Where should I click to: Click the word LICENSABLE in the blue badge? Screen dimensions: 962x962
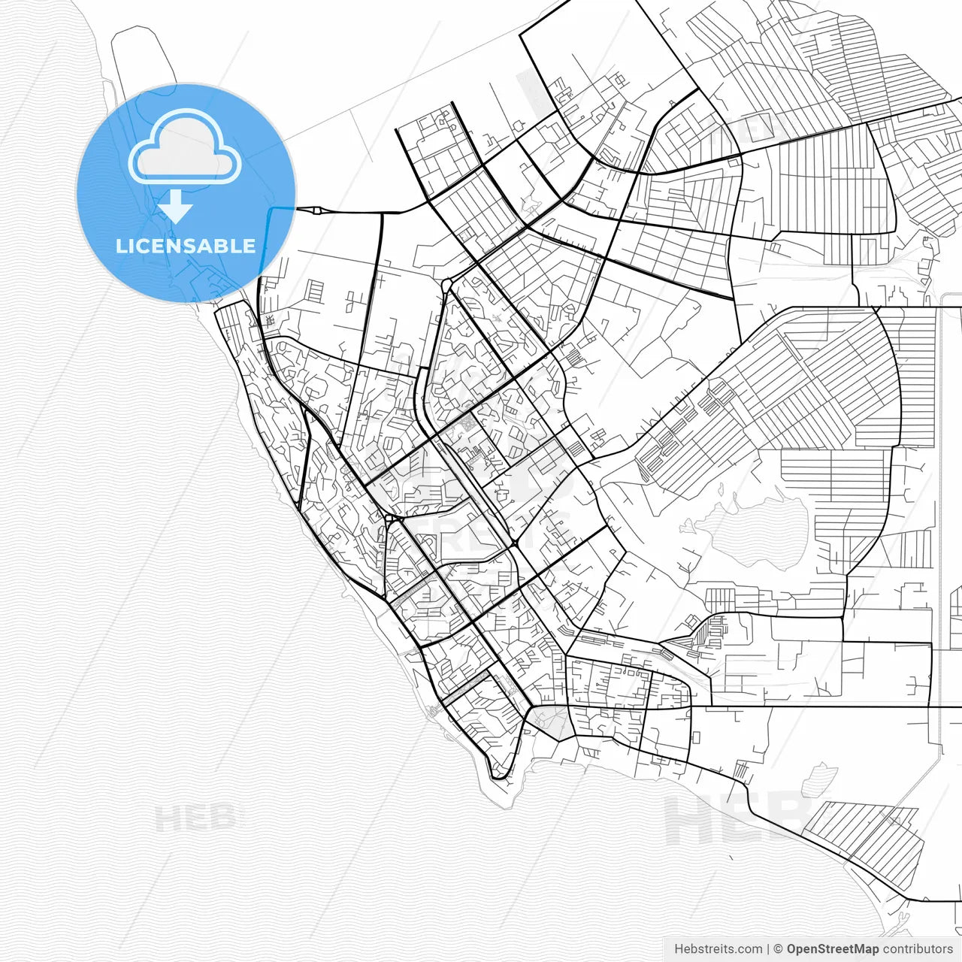(186, 246)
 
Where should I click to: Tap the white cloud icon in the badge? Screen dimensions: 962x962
(185, 147)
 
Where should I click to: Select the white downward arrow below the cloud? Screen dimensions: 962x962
(176, 206)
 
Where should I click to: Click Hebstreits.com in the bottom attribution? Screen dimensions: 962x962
(718, 949)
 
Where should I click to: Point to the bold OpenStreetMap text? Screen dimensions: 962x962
(833, 949)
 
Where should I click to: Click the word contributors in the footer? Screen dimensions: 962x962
(918, 949)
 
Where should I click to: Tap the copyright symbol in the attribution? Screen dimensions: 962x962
(779, 949)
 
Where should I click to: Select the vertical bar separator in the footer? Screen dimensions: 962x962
(768, 949)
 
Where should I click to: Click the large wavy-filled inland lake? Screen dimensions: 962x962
(759, 534)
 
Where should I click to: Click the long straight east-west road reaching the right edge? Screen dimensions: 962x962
(827, 706)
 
